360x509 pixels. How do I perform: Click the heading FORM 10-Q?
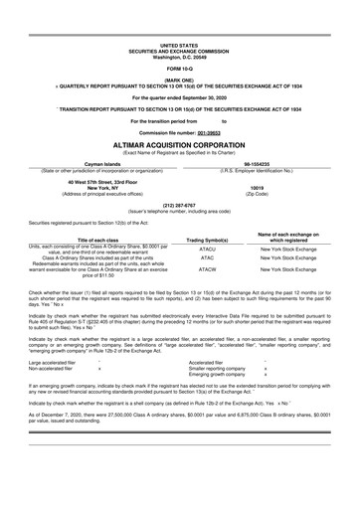pos(179,68)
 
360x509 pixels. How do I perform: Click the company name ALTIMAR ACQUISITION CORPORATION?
pos(179,142)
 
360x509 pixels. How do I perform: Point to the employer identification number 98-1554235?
pos(263,163)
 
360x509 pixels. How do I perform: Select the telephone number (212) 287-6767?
pos(179,207)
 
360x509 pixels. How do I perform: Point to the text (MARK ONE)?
pos(179,80)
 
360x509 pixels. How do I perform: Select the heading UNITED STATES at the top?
pos(179,45)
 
